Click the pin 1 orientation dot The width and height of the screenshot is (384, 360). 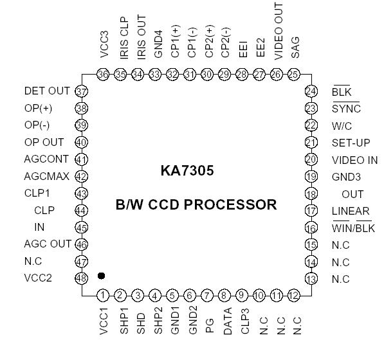[x=101, y=276]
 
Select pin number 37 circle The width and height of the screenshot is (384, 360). [x=82, y=91]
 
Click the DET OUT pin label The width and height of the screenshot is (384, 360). [x=46, y=92]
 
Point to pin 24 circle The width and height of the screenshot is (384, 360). [x=311, y=92]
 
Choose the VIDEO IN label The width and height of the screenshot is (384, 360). [x=355, y=160]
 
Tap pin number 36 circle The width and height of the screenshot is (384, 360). [x=104, y=75]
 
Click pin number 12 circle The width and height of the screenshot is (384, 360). [x=294, y=296]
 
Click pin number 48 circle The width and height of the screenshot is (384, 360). [x=82, y=279]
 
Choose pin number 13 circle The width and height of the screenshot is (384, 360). [x=311, y=279]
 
